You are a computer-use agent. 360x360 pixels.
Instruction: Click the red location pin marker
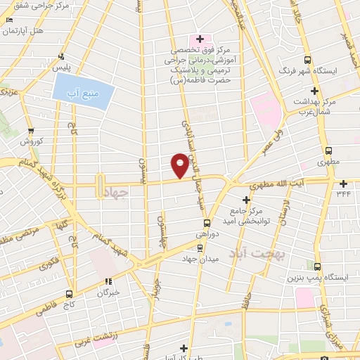click(x=180, y=165)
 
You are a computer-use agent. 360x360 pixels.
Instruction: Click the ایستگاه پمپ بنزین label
click(x=318, y=278)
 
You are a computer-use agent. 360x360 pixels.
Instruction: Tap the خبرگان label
click(x=108, y=292)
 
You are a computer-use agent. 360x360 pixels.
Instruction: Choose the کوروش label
click(x=31, y=141)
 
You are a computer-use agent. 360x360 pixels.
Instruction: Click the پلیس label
click(x=63, y=66)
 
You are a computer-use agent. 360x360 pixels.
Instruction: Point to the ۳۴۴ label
click(x=343, y=193)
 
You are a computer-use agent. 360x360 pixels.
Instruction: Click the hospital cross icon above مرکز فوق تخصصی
click(x=200, y=38)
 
